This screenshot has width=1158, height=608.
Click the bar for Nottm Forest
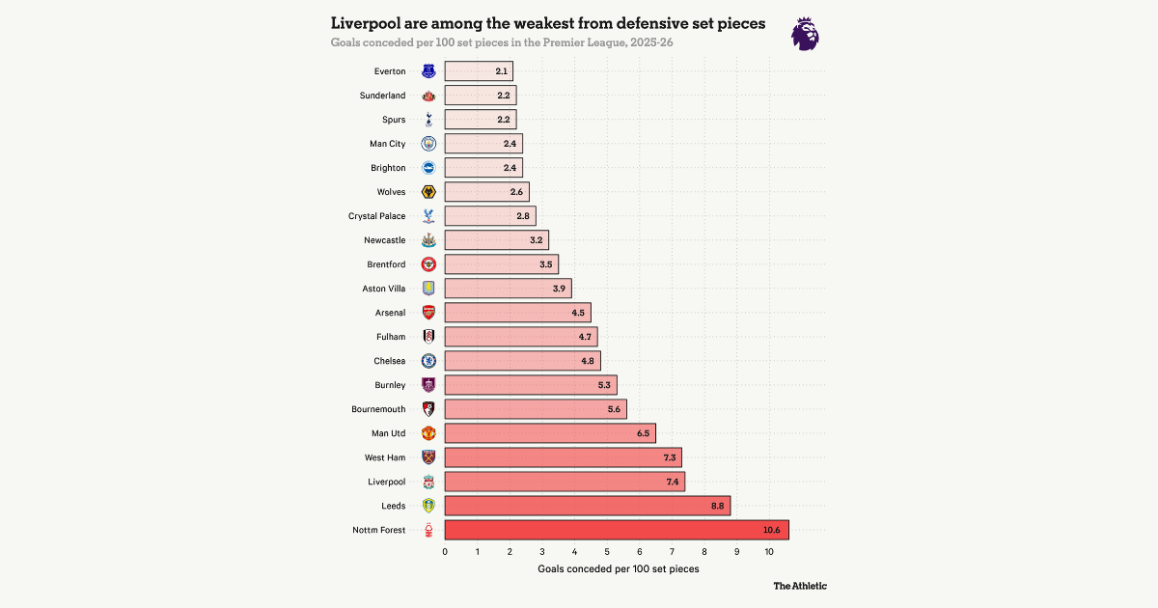click(x=617, y=530)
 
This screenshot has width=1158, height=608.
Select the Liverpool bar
click(x=565, y=482)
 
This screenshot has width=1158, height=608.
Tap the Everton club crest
click(x=428, y=71)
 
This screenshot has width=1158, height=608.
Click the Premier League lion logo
click(x=805, y=34)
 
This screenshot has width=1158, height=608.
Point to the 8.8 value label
click(x=717, y=506)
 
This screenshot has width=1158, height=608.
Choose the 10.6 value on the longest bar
click(x=772, y=530)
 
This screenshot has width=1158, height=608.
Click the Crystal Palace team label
click(x=377, y=216)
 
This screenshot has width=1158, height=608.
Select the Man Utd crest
click(x=428, y=433)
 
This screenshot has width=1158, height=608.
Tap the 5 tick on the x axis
click(x=607, y=552)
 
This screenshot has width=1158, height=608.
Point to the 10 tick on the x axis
click(x=769, y=552)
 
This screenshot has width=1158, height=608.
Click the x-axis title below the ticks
click(x=619, y=568)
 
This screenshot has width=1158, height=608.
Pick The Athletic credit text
click(x=800, y=586)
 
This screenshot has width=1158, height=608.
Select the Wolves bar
click(x=486, y=192)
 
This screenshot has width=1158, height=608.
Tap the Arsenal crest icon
click(x=428, y=313)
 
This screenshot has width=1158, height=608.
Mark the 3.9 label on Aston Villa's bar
click(x=559, y=289)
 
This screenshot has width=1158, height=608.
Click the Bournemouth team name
click(x=378, y=409)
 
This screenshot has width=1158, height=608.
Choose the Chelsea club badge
click(x=428, y=361)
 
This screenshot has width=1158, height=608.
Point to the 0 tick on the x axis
click(x=445, y=552)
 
